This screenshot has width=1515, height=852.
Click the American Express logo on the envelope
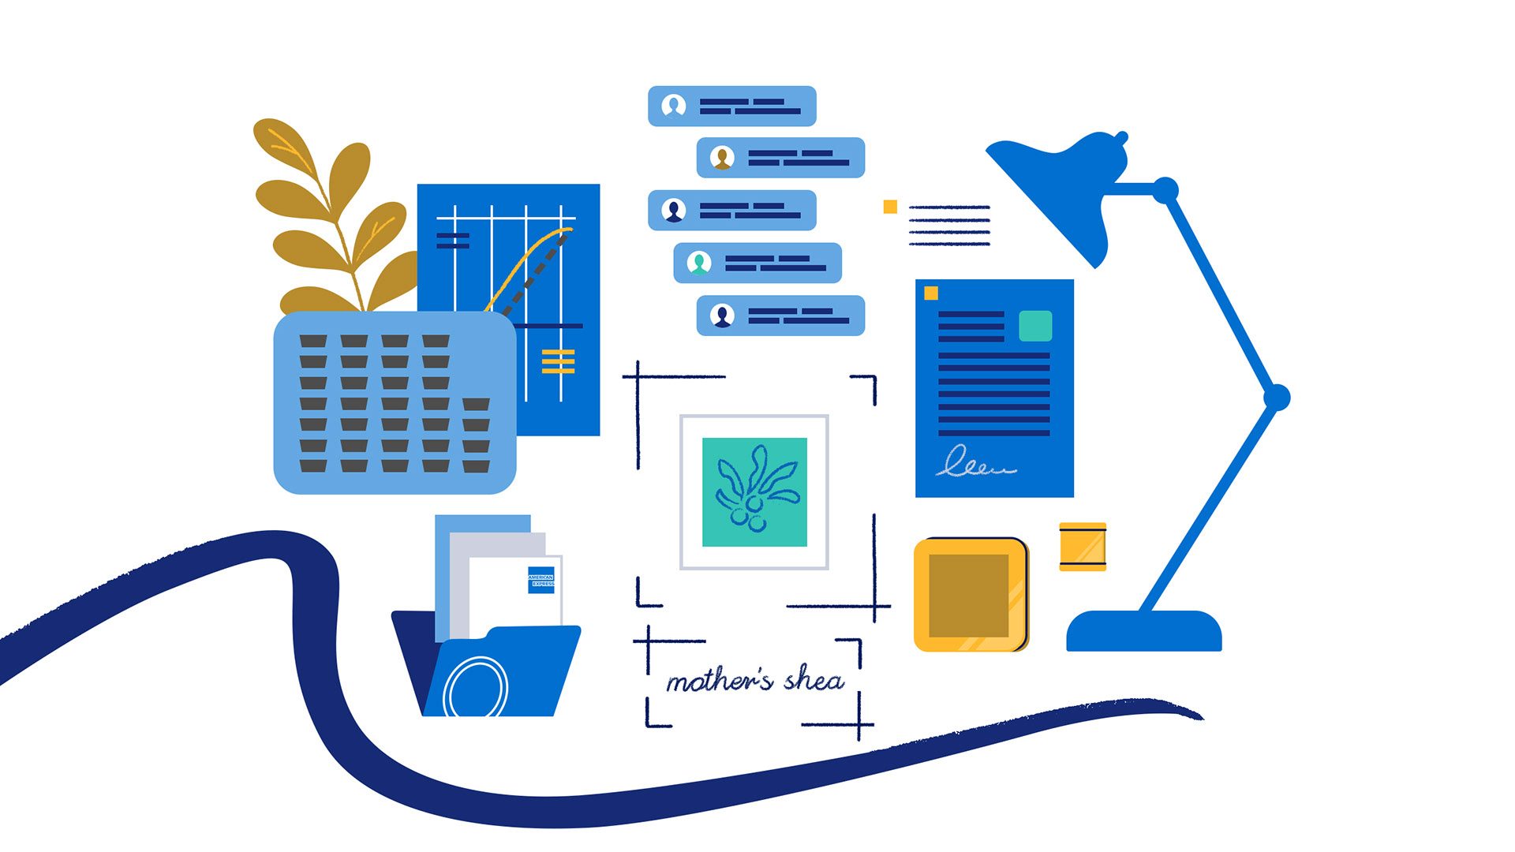541,580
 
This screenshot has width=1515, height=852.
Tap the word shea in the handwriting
814,678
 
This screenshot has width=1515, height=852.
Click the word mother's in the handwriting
719,681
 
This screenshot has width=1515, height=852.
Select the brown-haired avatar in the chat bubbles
722,158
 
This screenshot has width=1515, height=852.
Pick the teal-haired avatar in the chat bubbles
699,263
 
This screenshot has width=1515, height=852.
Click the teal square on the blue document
1034,326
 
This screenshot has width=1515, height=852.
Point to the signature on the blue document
974,462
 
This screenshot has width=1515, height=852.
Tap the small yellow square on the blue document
931,293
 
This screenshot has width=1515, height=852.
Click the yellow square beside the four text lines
890,207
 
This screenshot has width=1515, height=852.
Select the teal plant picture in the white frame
754,492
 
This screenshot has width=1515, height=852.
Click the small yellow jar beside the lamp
1083,546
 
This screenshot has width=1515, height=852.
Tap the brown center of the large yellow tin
968,596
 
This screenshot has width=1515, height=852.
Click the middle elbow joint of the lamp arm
1276,398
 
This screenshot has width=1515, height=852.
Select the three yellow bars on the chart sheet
558,361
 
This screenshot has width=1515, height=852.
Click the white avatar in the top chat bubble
673,106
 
